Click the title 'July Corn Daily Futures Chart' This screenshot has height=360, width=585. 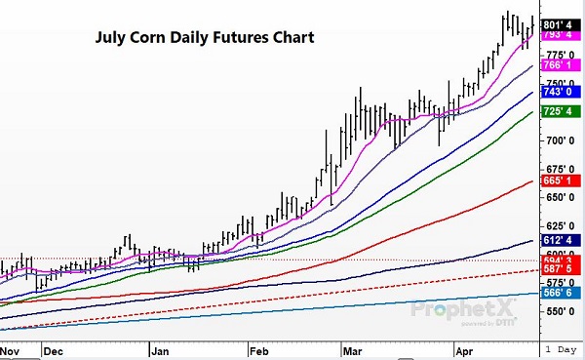pyautogui.click(x=204, y=40)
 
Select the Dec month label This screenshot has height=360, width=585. pyautogui.click(x=54, y=348)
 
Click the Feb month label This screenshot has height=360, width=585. pyautogui.click(x=258, y=348)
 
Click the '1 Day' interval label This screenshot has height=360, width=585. pyautogui.click(x=564, y=348)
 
